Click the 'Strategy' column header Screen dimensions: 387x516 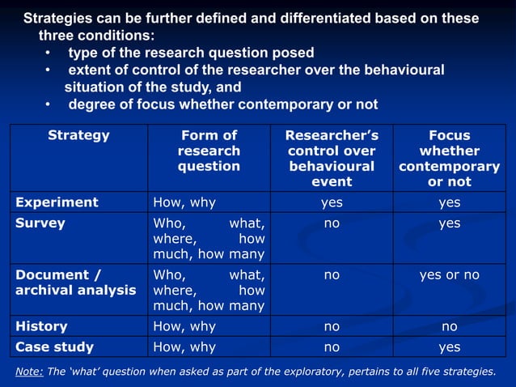(78, 135)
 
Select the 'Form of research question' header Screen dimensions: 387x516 (209, 151)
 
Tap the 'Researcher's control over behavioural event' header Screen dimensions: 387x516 (332, 158)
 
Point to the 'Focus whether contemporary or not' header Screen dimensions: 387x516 (449, 158)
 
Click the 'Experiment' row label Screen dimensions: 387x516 (57, 202)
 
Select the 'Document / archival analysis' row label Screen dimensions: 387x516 (75, 283)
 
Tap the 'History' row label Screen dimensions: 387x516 (41, 326)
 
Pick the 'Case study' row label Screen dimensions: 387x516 (54, 347)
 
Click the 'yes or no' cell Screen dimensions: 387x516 (449, 275)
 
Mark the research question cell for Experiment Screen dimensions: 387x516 (184, 202)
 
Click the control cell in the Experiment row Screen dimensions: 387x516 (332, 202)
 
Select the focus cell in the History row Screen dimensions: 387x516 (449, 326)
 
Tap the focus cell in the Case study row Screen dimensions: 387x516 (449, 347)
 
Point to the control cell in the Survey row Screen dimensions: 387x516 (332, 223)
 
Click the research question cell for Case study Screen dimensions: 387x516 (184, 347)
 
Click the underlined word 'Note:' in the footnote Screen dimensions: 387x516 (30, 372)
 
